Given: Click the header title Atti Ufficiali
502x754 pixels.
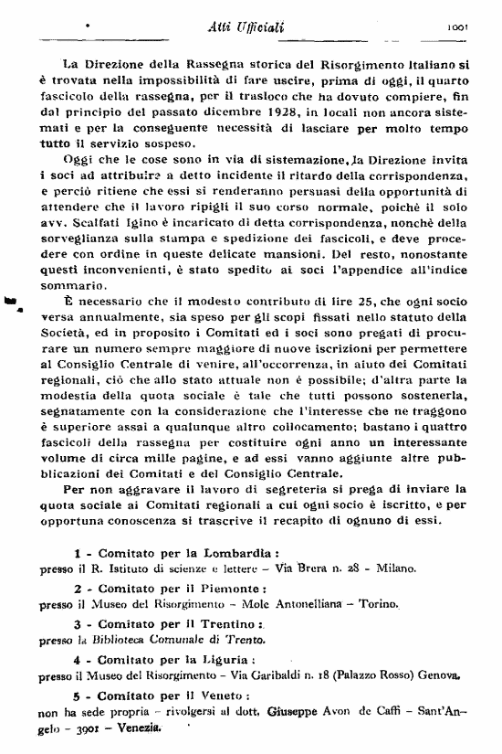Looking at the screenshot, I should [x=246, y=27].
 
